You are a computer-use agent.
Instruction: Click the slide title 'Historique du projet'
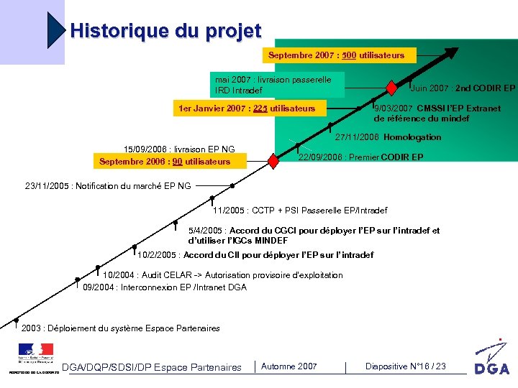(x=165, y=32)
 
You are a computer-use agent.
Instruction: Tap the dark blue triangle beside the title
(x=57, y=30)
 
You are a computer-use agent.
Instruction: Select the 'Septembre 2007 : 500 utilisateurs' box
(x=336, y=55)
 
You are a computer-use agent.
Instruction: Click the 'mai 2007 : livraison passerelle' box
(x=278, y=85)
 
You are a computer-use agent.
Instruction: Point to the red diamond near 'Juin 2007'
(x=391, y=88)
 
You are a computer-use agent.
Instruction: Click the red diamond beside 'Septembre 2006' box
(x=273, y=161)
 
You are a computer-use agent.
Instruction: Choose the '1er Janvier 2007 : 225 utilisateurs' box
(x=247, y=108)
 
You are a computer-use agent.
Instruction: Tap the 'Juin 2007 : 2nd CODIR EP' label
(x=463, y=88)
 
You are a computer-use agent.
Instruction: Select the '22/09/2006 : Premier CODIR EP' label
(x=360, y=157)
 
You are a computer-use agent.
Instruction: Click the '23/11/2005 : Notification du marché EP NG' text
(x=108, y=186)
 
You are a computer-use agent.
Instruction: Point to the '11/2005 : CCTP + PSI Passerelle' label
(x=300, y=211)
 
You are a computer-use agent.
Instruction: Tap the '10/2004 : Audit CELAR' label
(x=223, y=275)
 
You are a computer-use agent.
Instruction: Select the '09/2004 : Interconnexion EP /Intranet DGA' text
(x=165, y=287)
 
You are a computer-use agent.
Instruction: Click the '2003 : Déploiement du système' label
(x=121, y=328)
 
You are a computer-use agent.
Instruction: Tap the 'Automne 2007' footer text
(x=288, y=366)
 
